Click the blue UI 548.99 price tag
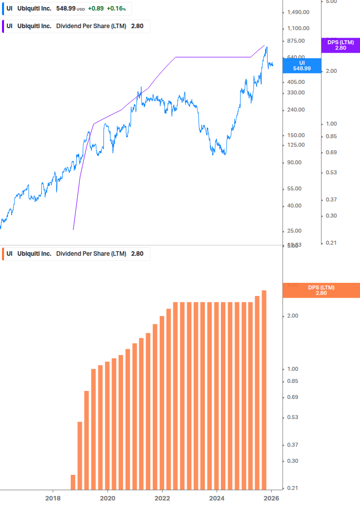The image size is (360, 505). tap(302, 65)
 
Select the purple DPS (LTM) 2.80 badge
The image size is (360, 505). tap(340, 45)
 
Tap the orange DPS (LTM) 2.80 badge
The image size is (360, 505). tap(321, 290)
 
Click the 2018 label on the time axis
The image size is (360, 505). tap(53, 498)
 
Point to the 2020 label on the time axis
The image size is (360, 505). tap(107, 498)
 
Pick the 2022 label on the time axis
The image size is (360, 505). tap(162, 498)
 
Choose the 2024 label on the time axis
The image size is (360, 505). tap(217, 498)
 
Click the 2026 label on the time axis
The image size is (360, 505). tap(271, 498)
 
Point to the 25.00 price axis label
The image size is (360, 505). tap(293, 231)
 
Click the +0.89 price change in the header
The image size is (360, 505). tap(95, 9)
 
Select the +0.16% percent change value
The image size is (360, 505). tap(116, 9)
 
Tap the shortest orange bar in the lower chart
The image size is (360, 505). tap(73, 482)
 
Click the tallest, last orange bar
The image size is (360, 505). tap(264, 390)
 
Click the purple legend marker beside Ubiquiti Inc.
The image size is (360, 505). tap(4, 26)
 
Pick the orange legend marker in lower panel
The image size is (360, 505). tap(4, 254)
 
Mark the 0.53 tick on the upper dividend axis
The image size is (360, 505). tap(331, 172)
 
